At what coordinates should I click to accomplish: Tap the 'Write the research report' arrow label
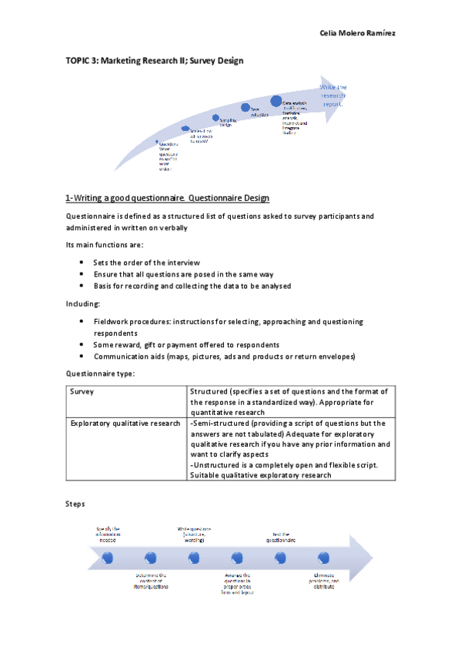click(x=333, y=95)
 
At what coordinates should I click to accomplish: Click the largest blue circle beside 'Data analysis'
click(x=276, y=101)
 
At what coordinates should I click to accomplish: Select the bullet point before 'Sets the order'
click(x=82, y=263)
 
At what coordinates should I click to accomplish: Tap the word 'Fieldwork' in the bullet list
click(x=112, y=321)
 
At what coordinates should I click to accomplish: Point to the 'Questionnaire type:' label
click(x=100, y=373)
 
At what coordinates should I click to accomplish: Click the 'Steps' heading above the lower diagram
click(x=75, y=504)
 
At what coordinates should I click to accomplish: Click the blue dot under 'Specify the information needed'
click(x=107, y=556)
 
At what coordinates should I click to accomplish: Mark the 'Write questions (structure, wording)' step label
click(x=194, y=534)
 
